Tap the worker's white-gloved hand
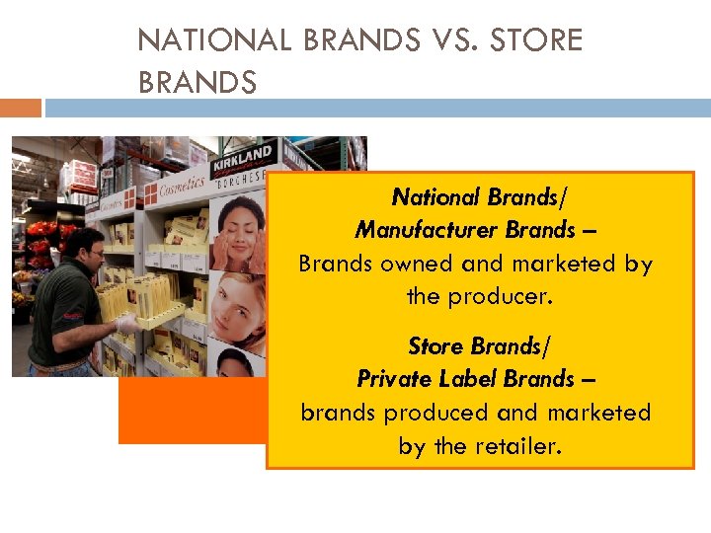pyautogui.click(x=127, y=323)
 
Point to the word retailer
pyautogui.click(x=517, y=445)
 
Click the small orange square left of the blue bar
pyautogui.click(x=21, y=107)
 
